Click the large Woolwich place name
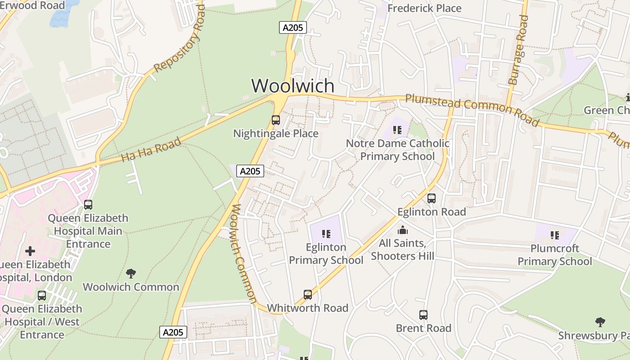point(293,85)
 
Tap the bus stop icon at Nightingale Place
point(276,120)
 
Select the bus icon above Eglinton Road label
point(432,198)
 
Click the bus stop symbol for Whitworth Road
point(308,295)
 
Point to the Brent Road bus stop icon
point(423,315)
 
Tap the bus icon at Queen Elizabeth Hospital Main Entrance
point(88,205)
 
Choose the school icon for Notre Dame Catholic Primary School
point(397,130)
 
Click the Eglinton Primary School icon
point(326,234)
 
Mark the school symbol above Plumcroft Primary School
point(555,235)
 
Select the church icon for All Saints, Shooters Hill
point(403,230)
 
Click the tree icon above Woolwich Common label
point(131,273)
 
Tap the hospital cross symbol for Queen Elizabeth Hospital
point(30,251)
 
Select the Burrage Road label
point(518,50)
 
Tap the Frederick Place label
point(424,8)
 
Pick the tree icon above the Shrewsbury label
point(600,322)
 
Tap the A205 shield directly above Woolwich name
point(292,27)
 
